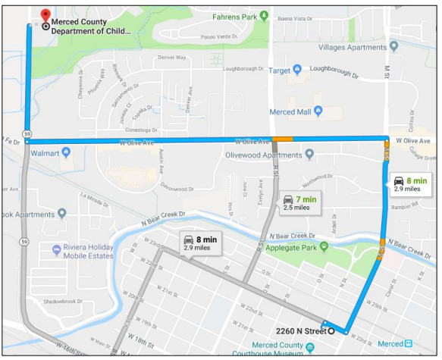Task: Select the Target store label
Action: pos(280,70)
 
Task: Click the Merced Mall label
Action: pos(290,112)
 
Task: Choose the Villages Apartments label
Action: pos(353,47)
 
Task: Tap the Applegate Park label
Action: pos(288,247)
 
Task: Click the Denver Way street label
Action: pos(171,57)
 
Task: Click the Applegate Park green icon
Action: pos(324,246)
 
